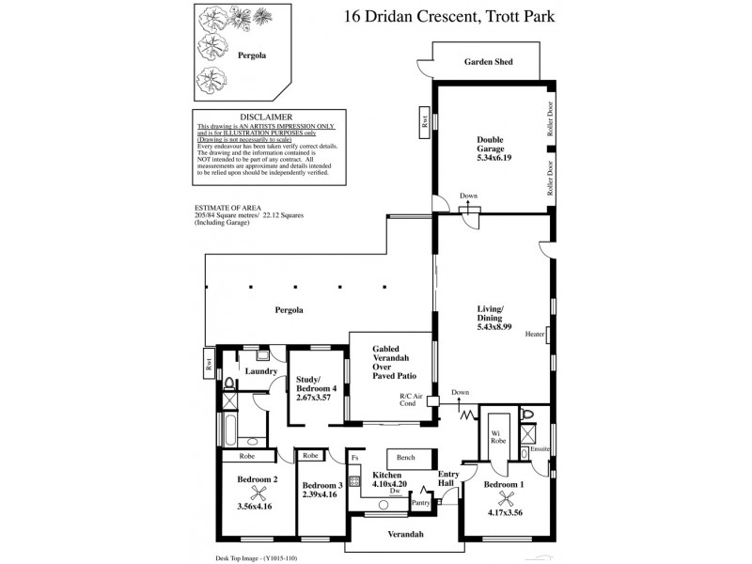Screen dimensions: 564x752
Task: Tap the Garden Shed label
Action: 488,62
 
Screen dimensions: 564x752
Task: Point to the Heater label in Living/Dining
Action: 535,334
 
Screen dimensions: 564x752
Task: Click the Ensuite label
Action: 539,449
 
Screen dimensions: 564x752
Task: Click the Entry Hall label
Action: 448,479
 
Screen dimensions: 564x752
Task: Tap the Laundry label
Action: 260,371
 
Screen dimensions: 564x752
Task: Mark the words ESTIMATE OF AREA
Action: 227,207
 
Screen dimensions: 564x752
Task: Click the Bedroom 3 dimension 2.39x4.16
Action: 321,493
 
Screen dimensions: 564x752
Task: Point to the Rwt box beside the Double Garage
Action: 425,120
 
